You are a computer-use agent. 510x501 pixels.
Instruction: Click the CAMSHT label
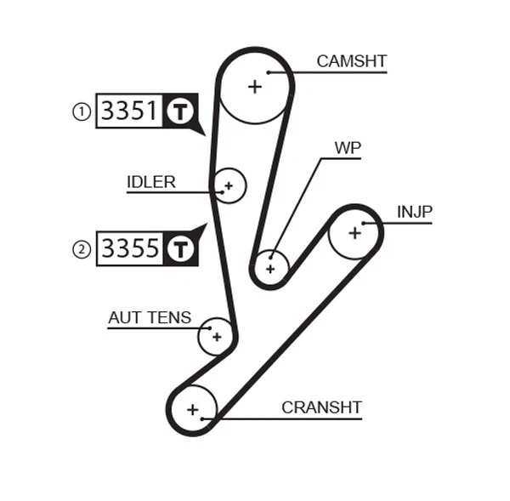click(x=351, y=61)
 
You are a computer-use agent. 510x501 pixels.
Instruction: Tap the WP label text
click(x=347, y=148)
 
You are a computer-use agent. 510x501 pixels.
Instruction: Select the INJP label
click(x=414, y=212)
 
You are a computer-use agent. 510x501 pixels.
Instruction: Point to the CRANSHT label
click(x=321, y=407)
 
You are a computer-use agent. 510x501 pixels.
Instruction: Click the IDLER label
click(x=151, y=182)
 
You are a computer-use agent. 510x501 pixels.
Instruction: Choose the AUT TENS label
click(x=150, y=318)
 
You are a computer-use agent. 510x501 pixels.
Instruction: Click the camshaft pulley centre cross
click(x=254, y=86)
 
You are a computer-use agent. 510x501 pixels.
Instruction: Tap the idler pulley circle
click(x=229, y=185)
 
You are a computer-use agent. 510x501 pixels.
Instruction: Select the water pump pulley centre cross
click(x=270, y=269)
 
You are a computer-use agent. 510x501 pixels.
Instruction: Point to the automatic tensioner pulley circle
click(x=216, y=337)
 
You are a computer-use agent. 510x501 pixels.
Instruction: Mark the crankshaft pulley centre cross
click(x=193, y=410)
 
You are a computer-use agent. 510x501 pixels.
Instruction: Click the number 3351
click(x=130, y=111)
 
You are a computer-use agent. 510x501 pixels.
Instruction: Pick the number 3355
click(x=130, y=248)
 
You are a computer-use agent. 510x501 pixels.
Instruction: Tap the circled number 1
click(x=81, y=111)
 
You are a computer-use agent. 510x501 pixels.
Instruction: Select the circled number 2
click(x=81, y=249)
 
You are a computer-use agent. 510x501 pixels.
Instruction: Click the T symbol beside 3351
click(x=179, y=111)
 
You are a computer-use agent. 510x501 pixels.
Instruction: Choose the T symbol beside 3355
click(x=179, y=248)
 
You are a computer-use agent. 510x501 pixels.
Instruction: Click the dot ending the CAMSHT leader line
click(x=269, y=71)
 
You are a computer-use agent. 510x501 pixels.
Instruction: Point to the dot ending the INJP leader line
click(x=365, y=224)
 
